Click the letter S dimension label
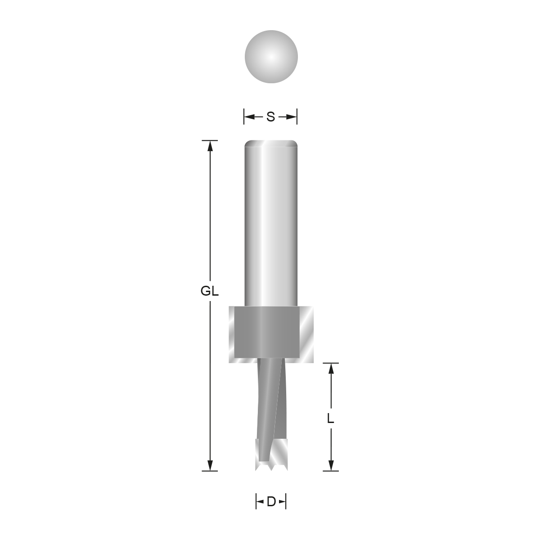tap(270, 117)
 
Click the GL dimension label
tap(209, 292)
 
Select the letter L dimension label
tap(331, 419)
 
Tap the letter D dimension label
tap(271, 501)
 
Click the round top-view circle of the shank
tap(271, 57)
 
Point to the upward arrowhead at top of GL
tap(209, 145)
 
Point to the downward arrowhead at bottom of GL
tap(209, 466)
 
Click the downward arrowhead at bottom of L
tap(331, 466)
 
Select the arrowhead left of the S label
tap(248, 117)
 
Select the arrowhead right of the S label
tap(293, 117)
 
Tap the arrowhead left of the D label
tap(259, 501)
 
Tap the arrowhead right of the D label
tap(283, 501)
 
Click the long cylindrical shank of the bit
tap(271, 225)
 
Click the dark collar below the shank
tap(267, 333)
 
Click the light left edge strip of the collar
tap(232, 334)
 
